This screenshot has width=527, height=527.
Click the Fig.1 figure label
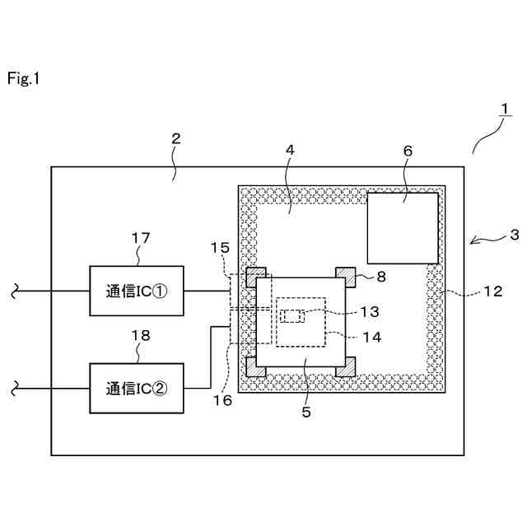[x=23, y=79]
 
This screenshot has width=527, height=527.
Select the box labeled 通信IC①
[x=137, y=291]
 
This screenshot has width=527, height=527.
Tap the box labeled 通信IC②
[x=137, y=388]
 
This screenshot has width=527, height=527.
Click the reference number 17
[x=141, y=238]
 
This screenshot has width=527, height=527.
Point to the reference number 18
[x=141, y=335]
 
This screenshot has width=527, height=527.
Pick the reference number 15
[x=220, y=248]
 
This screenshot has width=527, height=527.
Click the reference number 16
[x=222, y=400]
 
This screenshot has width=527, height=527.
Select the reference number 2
[x=175, y=138]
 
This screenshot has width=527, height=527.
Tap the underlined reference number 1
[x=505, y=109]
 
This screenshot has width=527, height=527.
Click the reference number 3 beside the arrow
[x=514, y=235]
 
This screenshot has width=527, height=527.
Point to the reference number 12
[x=493, y=291]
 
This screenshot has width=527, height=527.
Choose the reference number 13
[x=370, y=311]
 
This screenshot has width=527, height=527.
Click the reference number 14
[x=372, y=337]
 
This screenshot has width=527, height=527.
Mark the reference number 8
[x=381, y=277]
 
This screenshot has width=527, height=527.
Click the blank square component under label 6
[x=403, y=228]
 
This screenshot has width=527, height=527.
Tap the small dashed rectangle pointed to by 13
[x=292, y=316]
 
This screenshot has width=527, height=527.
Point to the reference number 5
[x=306, y=412]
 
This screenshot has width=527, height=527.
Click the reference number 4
[x=290, y=150]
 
